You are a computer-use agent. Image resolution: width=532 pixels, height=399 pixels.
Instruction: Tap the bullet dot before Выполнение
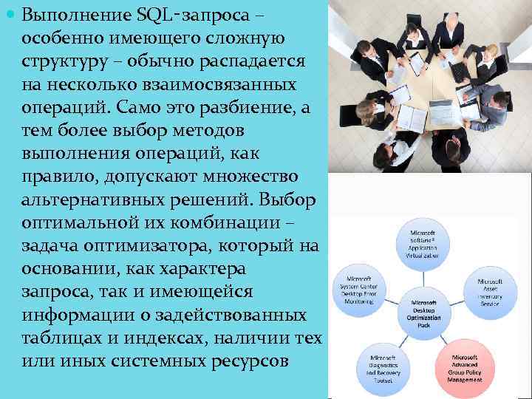click(x=10, y=14)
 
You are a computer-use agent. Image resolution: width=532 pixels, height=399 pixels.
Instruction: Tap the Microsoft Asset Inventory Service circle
click(x=489, y=293)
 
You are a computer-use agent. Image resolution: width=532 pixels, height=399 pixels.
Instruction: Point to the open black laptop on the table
click(x=460, y=71)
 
